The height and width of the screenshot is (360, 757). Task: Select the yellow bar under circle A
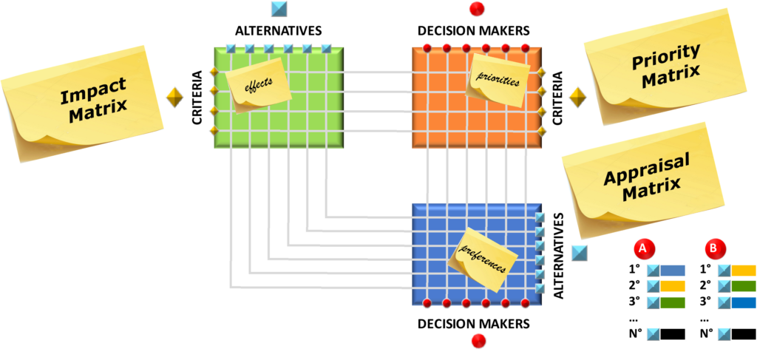click(x=673, y=286)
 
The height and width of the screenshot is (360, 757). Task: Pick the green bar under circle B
click(x=744, y=286)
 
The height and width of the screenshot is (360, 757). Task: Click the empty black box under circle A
click(x=673, y=334)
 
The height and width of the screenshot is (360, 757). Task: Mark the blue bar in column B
click(x=744, y=302)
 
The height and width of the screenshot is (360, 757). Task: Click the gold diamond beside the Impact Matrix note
click(x=174, y=97)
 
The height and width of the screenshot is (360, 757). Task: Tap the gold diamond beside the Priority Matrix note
click(x=578, y=97)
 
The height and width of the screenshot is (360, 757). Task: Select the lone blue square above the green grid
click(x=279, y=9)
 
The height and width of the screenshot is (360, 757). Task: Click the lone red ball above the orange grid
click(x=478, y=9)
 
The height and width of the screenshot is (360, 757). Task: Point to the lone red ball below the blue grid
click(x=478, y=341)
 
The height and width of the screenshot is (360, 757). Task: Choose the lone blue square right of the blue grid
click(x=580, y=253)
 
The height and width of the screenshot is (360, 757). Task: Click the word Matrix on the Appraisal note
click(x=652, y=189)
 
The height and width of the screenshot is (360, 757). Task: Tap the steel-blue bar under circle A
click(x=673, y=271)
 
